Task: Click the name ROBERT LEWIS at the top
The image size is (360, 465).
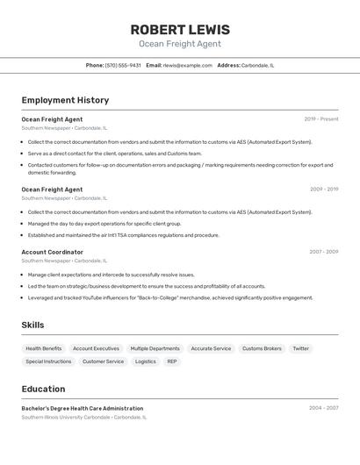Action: coord(179,29)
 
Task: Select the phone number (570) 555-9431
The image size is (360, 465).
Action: coord(123,65)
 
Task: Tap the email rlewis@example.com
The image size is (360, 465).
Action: coord(187,65)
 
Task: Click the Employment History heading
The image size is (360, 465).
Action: coord(65,100)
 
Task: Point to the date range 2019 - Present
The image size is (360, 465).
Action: coord(321,119)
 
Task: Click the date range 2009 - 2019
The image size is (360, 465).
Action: coord(323,189)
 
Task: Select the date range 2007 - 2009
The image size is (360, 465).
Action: coord(323,252)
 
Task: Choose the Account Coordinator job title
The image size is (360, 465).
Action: coord(53,252)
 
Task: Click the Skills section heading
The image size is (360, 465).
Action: coord(32,325)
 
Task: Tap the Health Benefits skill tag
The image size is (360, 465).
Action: coord(44,348)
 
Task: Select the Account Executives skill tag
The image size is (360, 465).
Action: coord(96,348)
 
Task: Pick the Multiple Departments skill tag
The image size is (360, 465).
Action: coord(155,348)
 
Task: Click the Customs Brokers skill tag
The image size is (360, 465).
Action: coord(262,348)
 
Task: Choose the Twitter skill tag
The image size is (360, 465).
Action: coord(300,348)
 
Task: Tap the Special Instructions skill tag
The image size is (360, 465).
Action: coord(48,361)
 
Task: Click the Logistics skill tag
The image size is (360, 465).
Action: coord(145,361)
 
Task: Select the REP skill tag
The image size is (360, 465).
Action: coord(172,361)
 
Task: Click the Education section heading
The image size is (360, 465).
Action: coord(43,389)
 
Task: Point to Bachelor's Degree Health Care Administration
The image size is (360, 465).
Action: coord(83,408)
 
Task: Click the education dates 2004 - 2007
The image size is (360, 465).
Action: coord(323,408)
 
